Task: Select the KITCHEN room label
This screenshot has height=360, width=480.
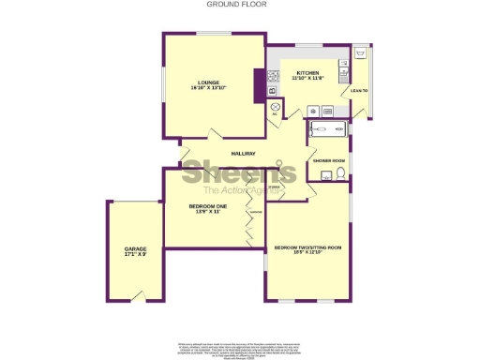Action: [x=308, y=73]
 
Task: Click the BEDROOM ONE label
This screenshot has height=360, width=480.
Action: [x=208, y=205]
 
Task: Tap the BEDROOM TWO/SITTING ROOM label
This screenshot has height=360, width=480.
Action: [x=307, y=247]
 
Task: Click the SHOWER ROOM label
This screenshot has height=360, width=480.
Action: [x=330, y=160]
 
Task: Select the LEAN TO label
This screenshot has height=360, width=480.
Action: [x=358, y=91]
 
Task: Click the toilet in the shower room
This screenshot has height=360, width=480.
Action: [x=338, y=174]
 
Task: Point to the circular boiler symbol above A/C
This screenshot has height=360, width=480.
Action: [x=276, y=107]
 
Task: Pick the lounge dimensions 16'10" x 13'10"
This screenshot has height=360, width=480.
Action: [x=208, y=88]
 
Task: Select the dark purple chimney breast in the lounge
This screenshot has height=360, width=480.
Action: [x=260, y=82]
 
